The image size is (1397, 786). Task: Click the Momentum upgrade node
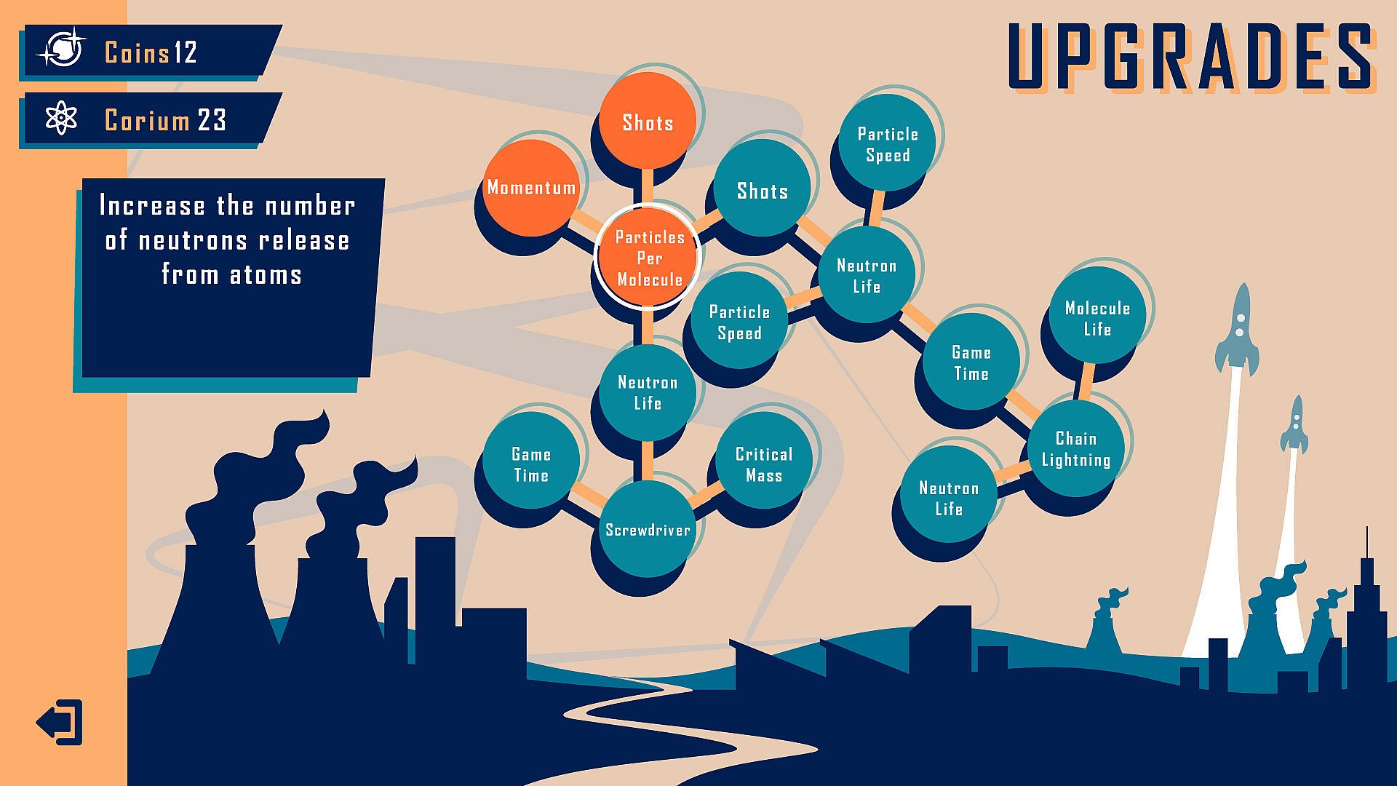point(532,188)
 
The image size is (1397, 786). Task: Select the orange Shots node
point(647,122)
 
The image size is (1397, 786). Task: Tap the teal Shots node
point(762,190)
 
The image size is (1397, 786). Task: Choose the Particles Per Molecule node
point(648,258)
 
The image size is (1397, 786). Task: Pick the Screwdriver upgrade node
point(648,529)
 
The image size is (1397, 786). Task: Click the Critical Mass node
point(763,464)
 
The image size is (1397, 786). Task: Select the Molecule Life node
point(1097,317)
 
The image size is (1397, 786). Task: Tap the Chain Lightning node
point(1075,448)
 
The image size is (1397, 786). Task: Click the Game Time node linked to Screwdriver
point(531,464)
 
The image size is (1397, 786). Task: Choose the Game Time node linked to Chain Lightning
point(971,362)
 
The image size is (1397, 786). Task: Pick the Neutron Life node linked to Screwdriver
point(647,392)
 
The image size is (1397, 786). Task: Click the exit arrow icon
point(60,722)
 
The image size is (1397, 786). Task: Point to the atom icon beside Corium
point(61,119)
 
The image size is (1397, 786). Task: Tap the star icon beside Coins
point(63,51)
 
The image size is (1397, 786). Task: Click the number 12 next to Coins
point(186,52)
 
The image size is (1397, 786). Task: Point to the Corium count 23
point(212,120)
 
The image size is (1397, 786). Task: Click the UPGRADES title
point(1191,57)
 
